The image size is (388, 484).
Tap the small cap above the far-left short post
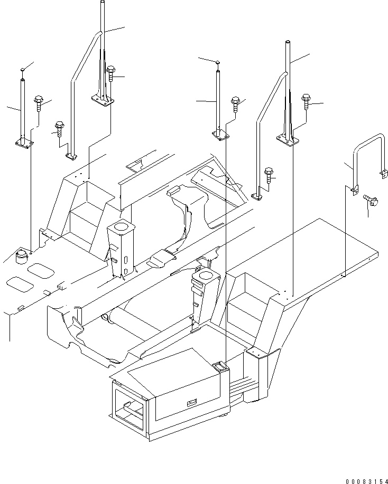click(22, 69)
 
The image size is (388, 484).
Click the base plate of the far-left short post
click(24, 142)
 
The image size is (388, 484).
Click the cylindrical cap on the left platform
click(22, 256)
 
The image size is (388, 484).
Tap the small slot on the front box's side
click(190, 404)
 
